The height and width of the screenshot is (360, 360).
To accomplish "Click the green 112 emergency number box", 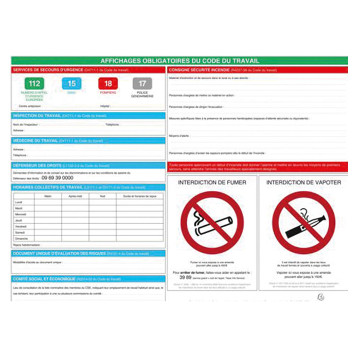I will point(34,84).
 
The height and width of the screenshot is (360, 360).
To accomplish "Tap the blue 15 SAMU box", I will point(71,84).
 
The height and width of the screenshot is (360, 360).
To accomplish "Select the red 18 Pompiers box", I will point(108,84).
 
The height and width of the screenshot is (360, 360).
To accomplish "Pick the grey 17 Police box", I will point(142,84).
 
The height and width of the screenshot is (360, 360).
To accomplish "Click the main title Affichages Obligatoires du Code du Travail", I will point(179,60).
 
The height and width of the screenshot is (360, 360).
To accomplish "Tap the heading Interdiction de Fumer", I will point(212,183).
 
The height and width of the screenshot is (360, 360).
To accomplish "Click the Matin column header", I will point(48,196).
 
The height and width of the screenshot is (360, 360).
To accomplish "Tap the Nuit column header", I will point(102,196).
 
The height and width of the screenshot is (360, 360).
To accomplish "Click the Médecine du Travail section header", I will point(35,140).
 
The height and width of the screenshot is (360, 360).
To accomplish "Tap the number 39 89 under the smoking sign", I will point(185,276).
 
